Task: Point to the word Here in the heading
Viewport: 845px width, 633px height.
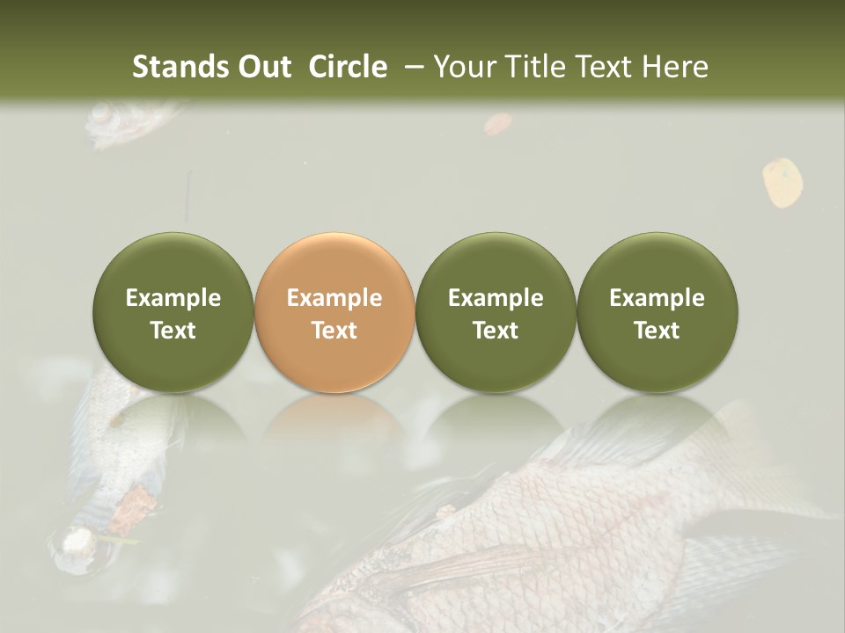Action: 676,67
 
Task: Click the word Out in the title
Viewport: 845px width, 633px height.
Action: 263,67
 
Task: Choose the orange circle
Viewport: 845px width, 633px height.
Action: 334,312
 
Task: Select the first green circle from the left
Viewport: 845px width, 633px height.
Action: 173,312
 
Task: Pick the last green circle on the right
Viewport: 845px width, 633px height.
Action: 657,312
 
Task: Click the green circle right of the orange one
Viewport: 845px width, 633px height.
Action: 496,312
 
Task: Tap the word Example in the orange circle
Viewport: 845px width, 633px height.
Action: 334,298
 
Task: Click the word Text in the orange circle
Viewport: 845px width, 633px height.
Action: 334,331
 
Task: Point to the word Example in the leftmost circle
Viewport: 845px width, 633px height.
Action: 173,298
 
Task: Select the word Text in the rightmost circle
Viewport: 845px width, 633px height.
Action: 657,331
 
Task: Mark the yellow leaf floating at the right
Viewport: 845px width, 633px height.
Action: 783,181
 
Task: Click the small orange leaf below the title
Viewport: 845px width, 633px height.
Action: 497,124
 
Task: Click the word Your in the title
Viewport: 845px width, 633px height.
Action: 461,67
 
